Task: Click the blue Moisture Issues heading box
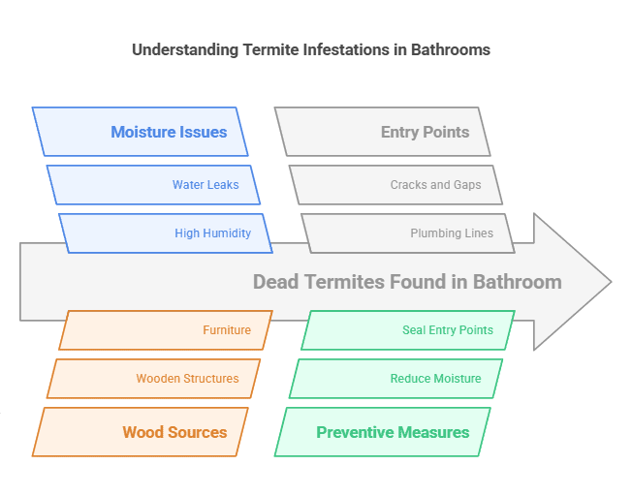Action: click(141, 132)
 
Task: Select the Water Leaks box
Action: click(153, 185)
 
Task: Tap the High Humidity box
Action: click(165, 233)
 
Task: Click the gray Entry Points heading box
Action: click(383, 132)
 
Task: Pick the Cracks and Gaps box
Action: click(395, 185)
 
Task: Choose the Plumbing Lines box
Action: click(407, 233)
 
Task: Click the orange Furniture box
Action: click(166, 330)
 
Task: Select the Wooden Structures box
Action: click(154, 379)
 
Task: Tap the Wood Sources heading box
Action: click(141, 432)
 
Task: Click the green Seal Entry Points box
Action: click(408, 330)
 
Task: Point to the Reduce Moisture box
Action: click(396, 379)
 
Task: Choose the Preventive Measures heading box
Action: click(383, 432)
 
